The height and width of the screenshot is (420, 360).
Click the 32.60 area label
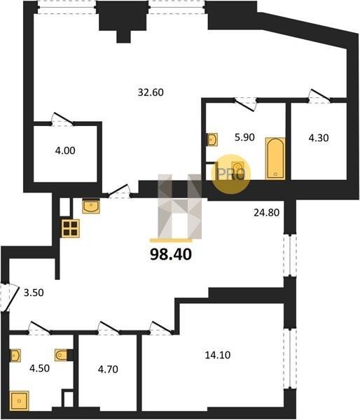[151, 92]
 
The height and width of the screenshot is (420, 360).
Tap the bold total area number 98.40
[171, 254]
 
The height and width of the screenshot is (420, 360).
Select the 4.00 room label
[65, 150]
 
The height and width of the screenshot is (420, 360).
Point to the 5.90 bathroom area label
[244, 137]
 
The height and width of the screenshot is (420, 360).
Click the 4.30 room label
[319, 138]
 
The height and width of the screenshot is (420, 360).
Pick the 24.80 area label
[266, 213]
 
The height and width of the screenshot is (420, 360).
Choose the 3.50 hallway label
[34, 293]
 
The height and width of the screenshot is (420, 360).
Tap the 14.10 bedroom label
[218, 355]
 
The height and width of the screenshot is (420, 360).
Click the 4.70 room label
[108, 370]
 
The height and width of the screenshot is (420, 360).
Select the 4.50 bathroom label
[40, 368]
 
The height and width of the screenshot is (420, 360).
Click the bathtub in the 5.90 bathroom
[275, 158]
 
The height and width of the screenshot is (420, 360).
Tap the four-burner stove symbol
[71, 228]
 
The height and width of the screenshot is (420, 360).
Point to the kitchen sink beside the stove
[91, 206]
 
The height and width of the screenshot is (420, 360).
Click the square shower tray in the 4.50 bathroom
[19, 400]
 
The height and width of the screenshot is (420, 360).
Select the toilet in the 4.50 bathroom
[62, 355]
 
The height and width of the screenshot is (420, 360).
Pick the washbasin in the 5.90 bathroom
[213, 139]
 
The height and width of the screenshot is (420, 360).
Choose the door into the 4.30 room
[319, 96]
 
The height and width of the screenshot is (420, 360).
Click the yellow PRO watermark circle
[231, 174]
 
